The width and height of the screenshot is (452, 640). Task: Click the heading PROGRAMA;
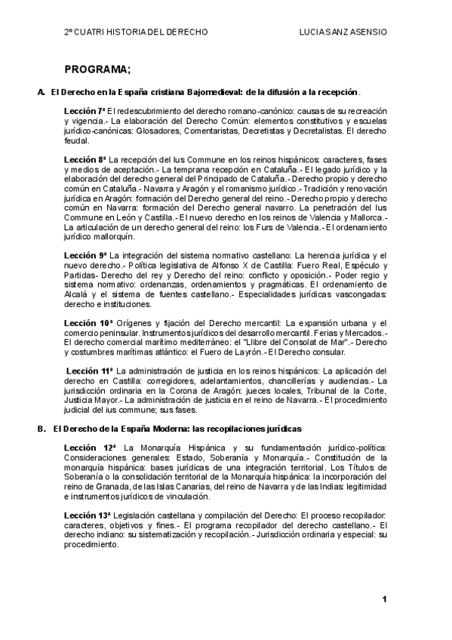click(97, 69)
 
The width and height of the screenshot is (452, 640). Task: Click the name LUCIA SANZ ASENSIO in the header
click(343, 33)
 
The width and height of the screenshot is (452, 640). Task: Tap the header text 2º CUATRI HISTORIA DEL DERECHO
click(135, 33)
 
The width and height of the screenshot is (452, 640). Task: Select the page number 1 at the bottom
click(384, 599)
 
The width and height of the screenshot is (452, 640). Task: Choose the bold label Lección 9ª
click(85, 256)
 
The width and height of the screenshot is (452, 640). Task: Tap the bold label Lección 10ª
click(88, 322)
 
